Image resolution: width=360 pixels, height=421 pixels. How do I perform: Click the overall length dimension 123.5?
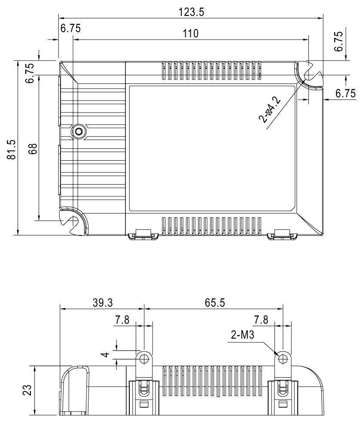coord(191,12)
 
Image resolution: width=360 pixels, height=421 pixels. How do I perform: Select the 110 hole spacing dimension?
coord(190,34)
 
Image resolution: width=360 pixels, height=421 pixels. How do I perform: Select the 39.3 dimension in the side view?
coord(102,302)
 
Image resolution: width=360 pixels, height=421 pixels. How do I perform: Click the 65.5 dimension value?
coord(214,302)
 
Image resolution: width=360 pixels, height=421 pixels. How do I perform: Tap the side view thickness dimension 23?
coord(27,390)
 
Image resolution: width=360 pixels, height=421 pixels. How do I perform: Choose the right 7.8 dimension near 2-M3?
coord(262,320)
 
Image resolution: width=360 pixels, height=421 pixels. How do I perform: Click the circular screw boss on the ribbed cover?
coord(78,131)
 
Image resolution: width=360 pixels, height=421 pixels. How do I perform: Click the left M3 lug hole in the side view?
coord(144,358)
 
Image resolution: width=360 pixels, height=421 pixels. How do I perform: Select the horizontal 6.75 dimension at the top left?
coord(70,28)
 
